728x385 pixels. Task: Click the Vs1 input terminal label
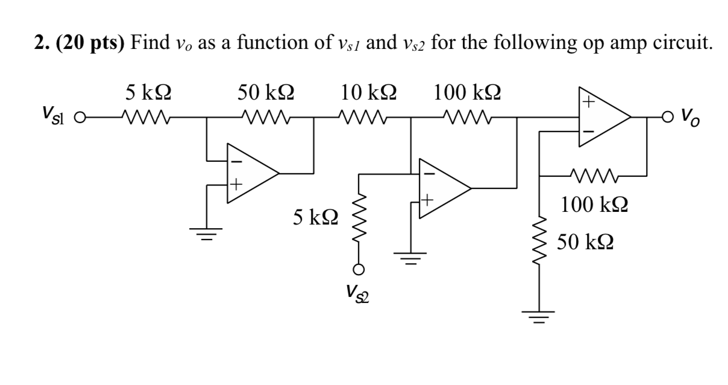click(x=52, y=115)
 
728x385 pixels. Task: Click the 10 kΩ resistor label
click(x=368, y=92)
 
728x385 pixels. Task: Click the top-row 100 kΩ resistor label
click(x=468, y=92)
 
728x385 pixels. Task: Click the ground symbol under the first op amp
click(x=207, y=232)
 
